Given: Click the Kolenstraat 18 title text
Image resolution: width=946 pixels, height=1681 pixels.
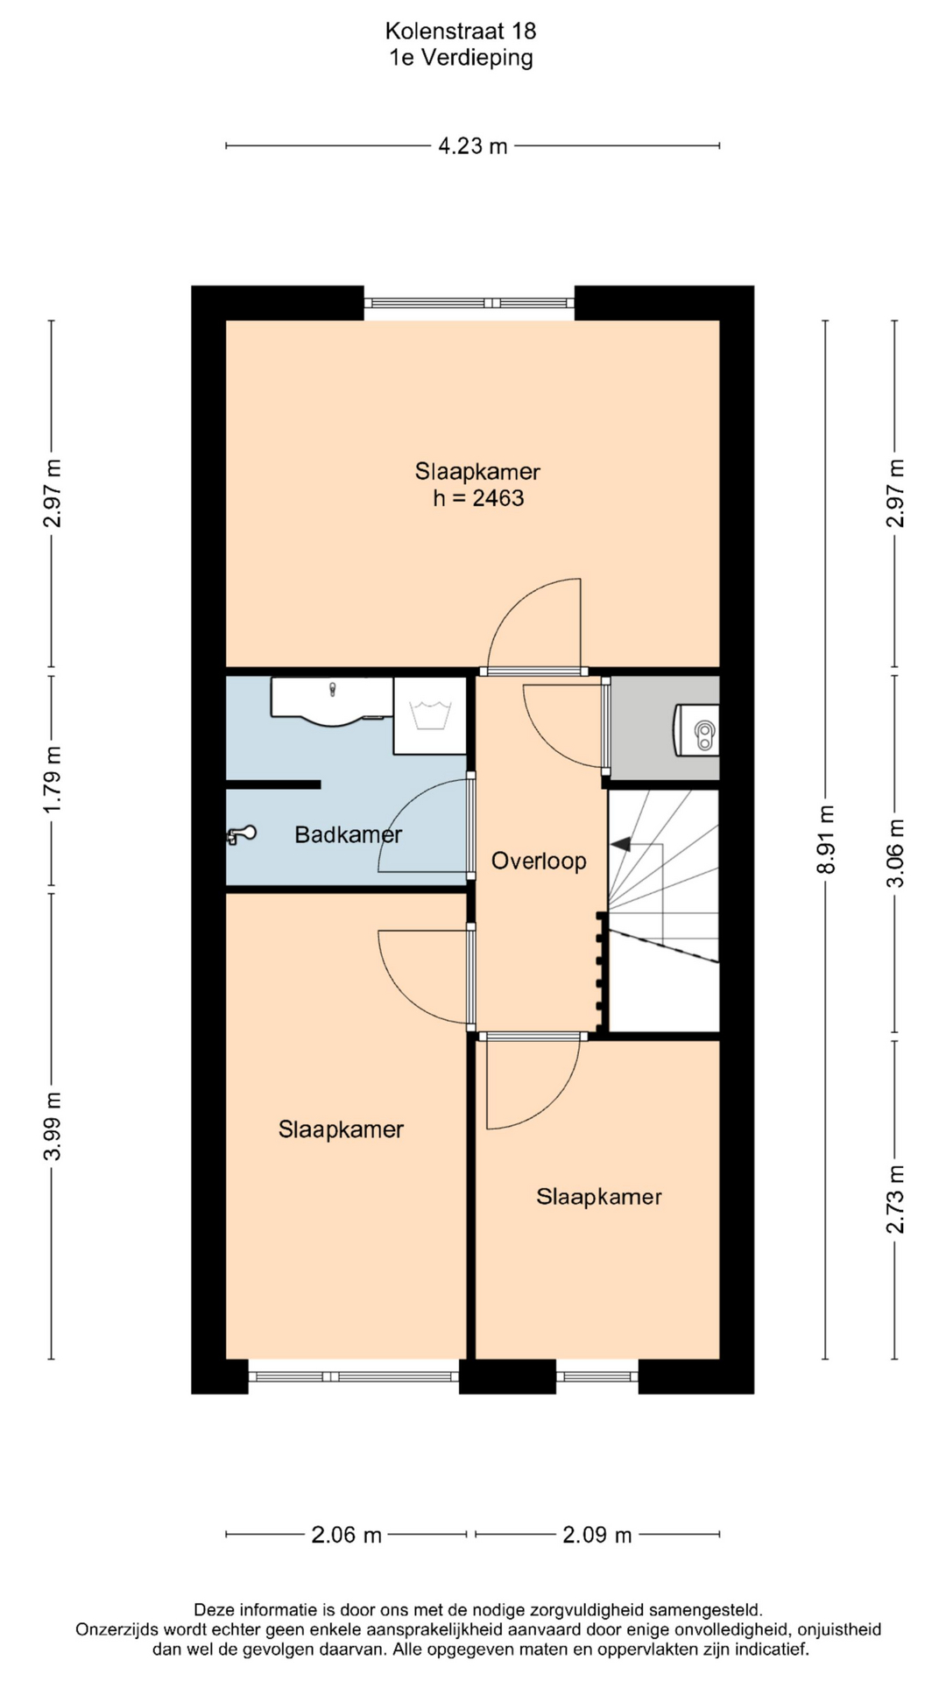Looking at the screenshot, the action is coord(461,32).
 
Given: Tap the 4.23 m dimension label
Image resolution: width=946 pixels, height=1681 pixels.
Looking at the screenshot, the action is coord(473,146).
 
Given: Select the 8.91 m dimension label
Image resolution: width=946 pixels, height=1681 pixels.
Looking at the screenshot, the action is coord(825,840).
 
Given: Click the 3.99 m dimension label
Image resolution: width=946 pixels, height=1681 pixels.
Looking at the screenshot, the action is coord(53,1126).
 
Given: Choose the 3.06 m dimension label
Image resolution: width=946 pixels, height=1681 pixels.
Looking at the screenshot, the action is coord(895,854).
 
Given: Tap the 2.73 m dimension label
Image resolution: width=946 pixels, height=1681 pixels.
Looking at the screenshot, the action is coord(895,1199).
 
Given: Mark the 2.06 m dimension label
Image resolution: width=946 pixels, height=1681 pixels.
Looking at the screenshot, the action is coord(347,1535).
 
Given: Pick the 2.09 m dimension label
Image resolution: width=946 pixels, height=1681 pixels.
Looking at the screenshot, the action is coord(597,1535).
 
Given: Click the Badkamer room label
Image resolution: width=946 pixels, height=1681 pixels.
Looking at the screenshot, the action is coord(349,835).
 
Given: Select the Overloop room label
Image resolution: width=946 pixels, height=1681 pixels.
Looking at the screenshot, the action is coord(539,862).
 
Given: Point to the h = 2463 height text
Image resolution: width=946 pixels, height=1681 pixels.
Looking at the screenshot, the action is coord(478,498).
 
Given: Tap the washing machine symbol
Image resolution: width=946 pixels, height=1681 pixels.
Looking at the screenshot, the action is coord(429,715).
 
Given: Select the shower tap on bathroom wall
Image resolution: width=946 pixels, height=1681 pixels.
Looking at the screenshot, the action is coord(241,835).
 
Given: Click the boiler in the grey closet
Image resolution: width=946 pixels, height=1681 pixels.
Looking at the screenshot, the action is coord(697,730).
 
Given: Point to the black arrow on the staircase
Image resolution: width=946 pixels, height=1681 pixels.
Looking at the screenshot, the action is coord(621,845).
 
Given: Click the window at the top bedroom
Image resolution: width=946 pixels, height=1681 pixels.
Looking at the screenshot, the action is coord(469,303).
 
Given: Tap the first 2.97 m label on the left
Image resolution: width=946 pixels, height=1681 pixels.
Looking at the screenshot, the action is coord(53,493).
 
